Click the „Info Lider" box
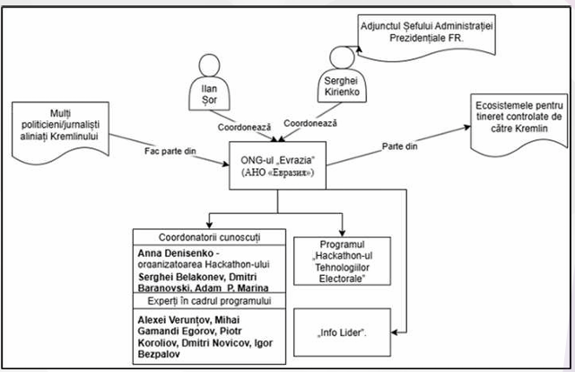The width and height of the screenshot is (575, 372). tap(343, 332)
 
